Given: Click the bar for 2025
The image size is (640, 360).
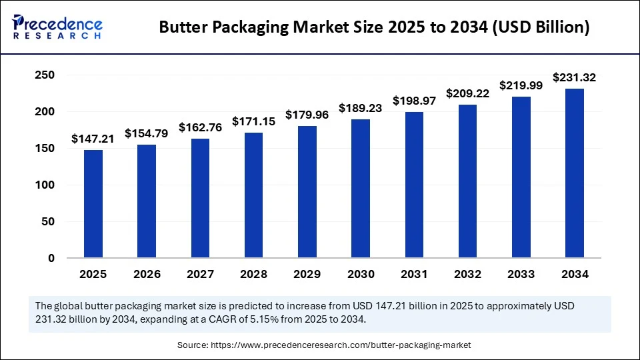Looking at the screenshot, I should (x=93, y=204).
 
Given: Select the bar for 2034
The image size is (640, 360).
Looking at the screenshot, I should (x=574, y=173).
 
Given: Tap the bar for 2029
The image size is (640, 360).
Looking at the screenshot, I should (x=307, y=192).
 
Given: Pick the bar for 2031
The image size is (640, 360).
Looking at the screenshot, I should (x=414, y=185).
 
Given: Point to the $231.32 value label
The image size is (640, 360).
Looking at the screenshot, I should (x=574, y=78).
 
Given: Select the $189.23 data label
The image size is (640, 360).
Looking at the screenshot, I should (x=360, y=108).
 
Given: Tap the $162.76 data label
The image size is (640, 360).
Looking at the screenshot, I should (x=200, y=127).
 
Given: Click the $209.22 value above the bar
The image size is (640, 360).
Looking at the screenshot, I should (x=467, y=94).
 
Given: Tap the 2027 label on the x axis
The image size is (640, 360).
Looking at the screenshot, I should (x=200, y=274).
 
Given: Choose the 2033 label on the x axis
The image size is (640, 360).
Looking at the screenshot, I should (x=521, y=274).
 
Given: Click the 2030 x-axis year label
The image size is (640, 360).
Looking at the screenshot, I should (x=360, y=274).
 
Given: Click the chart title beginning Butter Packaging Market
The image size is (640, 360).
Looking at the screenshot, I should (x=375, y=28).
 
